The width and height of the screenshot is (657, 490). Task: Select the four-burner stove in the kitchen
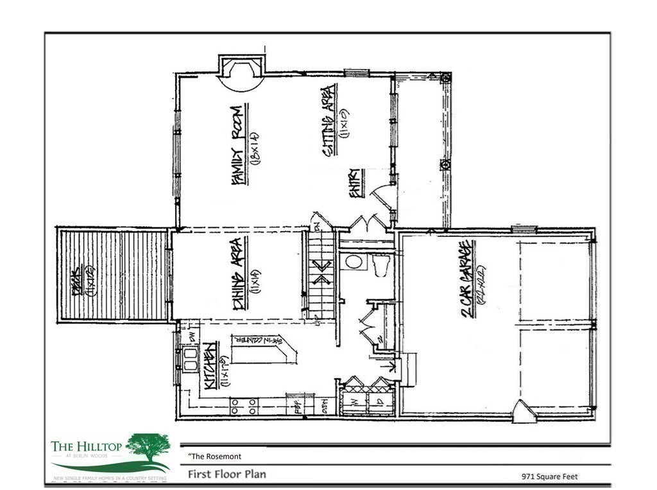point(244,406)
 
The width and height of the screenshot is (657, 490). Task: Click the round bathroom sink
point(352,262)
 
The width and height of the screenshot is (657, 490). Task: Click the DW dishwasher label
point(191,335)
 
